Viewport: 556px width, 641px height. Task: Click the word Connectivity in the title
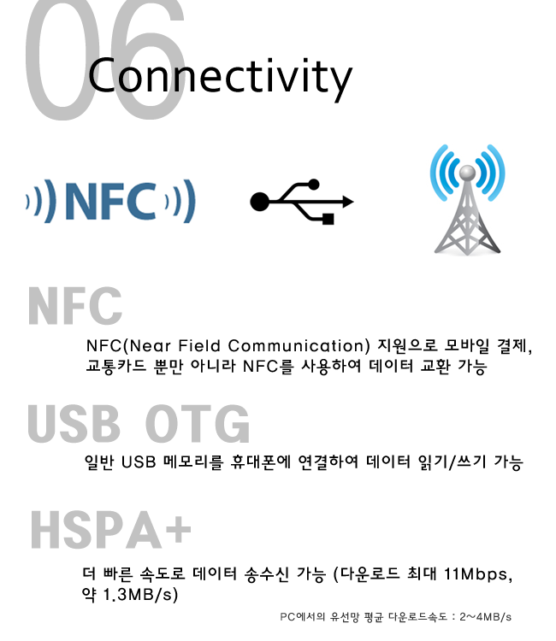point(220,78)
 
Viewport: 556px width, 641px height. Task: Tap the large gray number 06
point(105,60)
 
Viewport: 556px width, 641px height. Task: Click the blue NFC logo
point(111,201)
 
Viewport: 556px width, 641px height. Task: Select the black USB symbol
point(302,202)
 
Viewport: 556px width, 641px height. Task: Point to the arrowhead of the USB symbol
point(348,202)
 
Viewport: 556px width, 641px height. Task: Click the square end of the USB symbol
point(328,219)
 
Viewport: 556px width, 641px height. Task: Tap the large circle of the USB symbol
point(260,202)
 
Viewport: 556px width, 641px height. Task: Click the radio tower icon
point(467,199)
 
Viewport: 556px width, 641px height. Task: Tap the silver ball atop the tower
point(467,173)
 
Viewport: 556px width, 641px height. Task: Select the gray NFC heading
point(75,306)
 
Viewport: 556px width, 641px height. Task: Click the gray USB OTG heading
point(139,424)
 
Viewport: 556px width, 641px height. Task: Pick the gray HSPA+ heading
point(111,529)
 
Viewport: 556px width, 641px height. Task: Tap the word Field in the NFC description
point(199,346)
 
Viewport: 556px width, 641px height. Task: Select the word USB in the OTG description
point(139,462)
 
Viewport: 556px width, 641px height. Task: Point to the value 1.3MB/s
point(140,595)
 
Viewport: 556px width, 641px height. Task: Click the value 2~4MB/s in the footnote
point(485,617)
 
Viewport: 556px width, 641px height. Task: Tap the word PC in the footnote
point(287,617)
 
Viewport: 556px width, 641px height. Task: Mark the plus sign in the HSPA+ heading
point(178,529)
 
